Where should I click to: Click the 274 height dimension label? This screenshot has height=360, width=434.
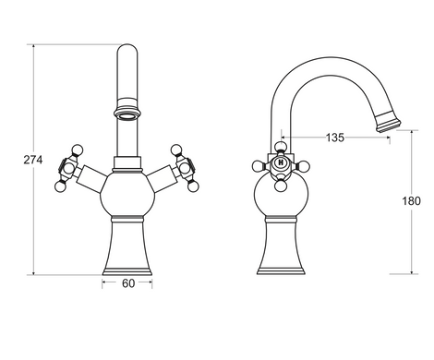tap(33, 160)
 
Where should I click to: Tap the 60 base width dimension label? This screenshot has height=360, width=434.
tap(128, 283)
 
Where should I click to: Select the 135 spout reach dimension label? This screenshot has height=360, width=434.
tap(335, 138)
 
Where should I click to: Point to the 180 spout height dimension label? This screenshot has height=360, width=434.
tap(411, 201)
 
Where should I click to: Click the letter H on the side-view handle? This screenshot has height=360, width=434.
tap(281, 162)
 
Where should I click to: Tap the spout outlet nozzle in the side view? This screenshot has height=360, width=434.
tap(388, 121)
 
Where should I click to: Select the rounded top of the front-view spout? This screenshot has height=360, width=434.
tap(127, 48)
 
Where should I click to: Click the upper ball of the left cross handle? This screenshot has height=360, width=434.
tap(77, 150)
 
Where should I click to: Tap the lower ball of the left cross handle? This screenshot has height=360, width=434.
tap(60, 186)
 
